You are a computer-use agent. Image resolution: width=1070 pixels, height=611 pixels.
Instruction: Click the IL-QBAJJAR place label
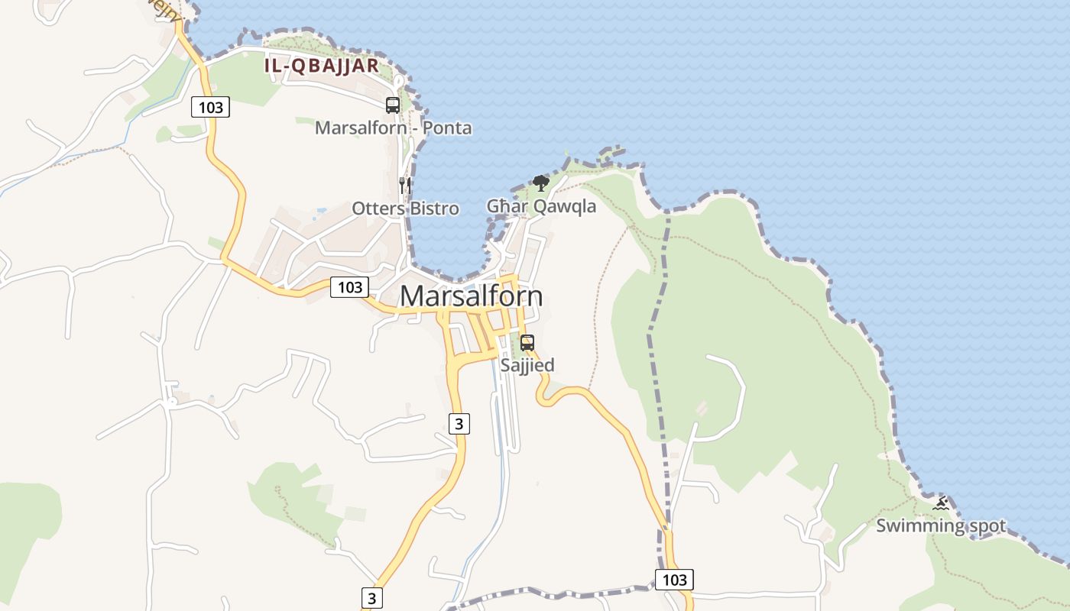(321, 66)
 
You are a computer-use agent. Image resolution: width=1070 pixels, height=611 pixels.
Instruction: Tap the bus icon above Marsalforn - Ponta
(393, 105)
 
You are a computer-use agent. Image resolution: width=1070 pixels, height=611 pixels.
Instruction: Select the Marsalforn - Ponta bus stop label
(393, 128)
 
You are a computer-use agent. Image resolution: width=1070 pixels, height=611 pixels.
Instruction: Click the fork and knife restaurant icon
(405, 185)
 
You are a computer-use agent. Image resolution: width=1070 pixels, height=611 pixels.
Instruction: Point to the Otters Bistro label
(405, 208)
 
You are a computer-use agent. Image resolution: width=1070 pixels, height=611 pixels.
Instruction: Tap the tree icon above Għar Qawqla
(541, 183)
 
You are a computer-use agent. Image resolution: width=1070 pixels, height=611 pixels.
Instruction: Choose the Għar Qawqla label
(541, 205)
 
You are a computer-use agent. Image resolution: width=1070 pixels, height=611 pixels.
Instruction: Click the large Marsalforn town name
(471, 296)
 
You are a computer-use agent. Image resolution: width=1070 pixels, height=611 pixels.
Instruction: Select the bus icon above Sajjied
(527, 343)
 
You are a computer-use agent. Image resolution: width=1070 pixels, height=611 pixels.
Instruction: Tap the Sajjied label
(527, 365)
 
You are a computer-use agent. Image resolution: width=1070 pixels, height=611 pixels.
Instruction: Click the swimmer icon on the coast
(942, 503)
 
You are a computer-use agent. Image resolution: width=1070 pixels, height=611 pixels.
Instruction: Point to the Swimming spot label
(941, 525)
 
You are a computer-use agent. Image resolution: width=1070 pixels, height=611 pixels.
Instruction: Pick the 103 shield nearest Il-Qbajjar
(210, 107)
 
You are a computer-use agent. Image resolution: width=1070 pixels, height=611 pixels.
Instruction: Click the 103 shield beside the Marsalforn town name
(350, 287)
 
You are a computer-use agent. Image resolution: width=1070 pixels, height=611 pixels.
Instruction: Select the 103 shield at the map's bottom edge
(675, 579)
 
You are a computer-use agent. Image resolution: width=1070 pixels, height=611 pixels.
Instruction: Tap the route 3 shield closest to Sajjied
(458, 423)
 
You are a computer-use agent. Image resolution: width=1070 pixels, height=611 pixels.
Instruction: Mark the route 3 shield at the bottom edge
(371, 597)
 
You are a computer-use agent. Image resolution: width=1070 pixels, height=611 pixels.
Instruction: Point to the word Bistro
(433, 208)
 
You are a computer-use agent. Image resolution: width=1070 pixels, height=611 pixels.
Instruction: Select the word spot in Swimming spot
(985, 525)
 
